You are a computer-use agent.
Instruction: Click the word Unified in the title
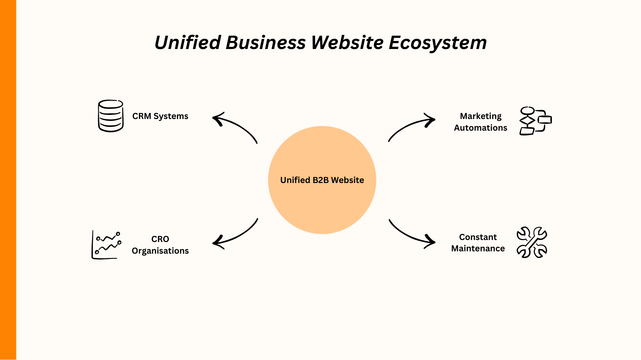click(188, 43)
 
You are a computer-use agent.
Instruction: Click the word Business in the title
click(265, 43)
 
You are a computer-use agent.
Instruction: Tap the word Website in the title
click(347, 43)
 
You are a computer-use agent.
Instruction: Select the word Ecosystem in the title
click(438, 43)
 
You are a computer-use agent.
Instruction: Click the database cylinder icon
click(111, 116)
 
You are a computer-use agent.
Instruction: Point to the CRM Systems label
click(160, 116)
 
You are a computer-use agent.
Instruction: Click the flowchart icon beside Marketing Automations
click(535, 121)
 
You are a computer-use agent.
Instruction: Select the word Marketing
click(480, 116)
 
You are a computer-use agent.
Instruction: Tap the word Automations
click(480, 128)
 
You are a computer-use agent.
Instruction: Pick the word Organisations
click(160, 251)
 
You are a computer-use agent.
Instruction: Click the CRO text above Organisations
click(160, 239)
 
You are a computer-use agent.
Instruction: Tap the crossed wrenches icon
click(532, 242)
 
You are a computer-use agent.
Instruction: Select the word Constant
click(478, 237)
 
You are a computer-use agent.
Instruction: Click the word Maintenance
click(478, 249)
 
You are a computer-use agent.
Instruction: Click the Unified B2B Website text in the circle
click(322, 180)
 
